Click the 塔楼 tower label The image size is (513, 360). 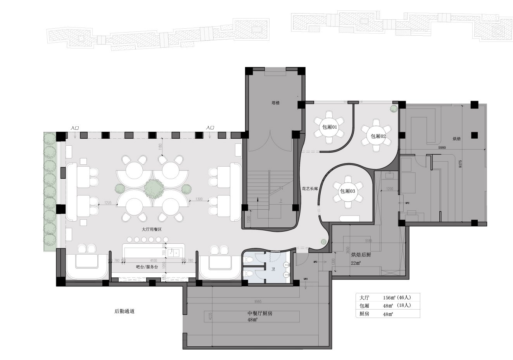(x=276, y=103)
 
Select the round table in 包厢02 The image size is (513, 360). (x=376, y=136)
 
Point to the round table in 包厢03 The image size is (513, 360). (x=348, y=191)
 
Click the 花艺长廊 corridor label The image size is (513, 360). (x=310, y=189)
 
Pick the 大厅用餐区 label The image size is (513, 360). (x=149, y=229)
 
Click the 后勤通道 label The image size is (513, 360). (x=124, y=311)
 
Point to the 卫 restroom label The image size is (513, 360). (x=273, y=269)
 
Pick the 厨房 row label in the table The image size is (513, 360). (x=364, y=314)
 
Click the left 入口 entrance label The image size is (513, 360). (x=74, y=127)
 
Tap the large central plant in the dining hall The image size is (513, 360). (x=153, y=188)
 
